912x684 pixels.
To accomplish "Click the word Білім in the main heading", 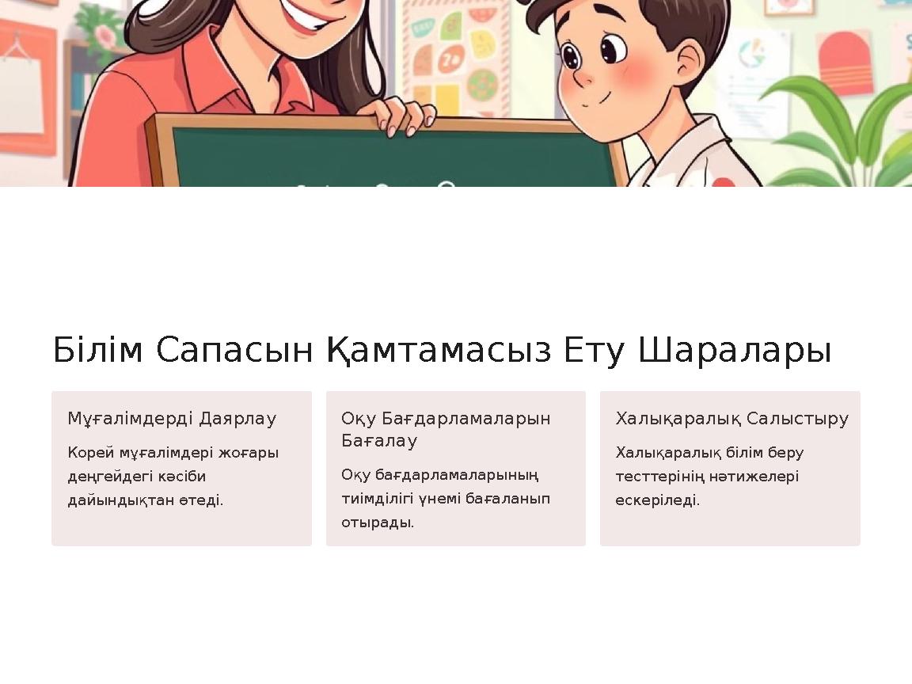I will coord(97,351).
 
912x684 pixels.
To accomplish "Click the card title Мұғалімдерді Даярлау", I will coord(172,419).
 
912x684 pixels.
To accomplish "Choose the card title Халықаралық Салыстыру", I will coord(731,419).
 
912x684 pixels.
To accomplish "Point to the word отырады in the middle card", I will coord(377,522).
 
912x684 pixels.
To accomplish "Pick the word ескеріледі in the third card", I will coord(657,500).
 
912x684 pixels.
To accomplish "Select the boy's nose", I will coord(583,78).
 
